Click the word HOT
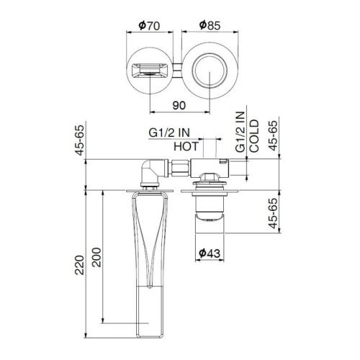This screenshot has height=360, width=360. point(184,146)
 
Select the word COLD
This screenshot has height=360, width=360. point(253,138)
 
